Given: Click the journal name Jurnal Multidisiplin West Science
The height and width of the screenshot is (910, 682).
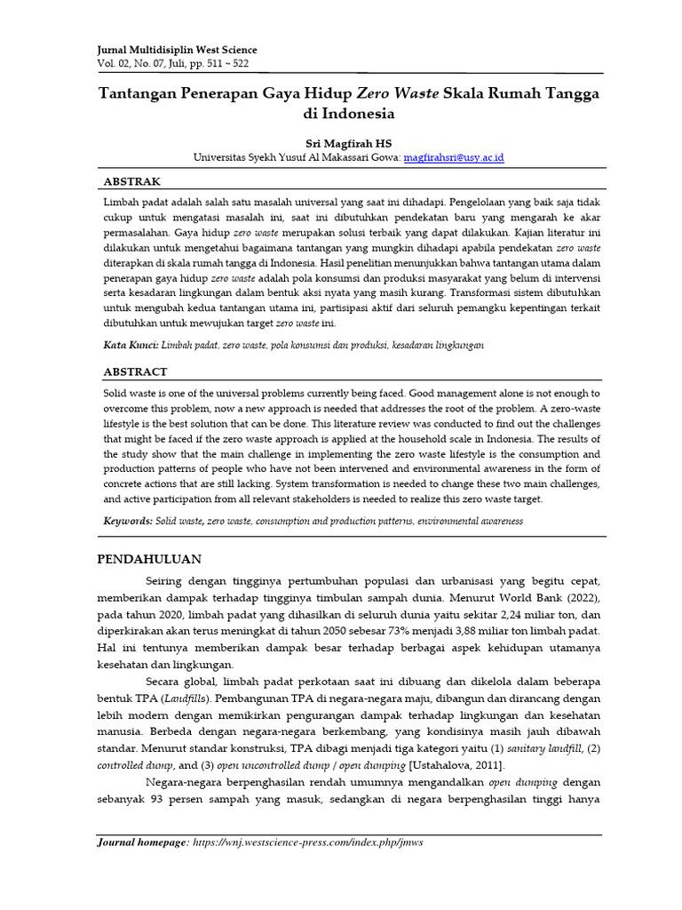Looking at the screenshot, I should click(x=176, y=51).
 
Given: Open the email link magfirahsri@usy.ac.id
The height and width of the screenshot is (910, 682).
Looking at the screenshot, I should click(x=454, y=156).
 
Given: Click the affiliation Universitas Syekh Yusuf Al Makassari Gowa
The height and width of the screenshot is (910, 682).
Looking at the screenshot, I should click(x=297, y=156).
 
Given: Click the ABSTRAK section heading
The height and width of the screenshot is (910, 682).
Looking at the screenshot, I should click(x=132, y=181).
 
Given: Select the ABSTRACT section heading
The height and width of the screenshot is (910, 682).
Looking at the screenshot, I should click(x=136, y=371).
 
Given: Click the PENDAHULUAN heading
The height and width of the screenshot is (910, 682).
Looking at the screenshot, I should click(x=148, y=559).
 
